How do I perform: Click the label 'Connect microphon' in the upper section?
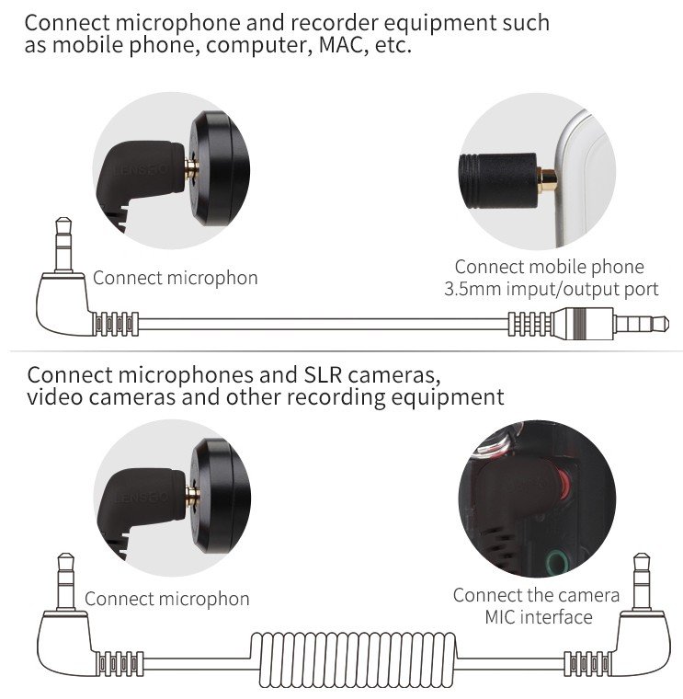[175, 277]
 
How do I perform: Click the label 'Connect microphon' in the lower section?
[166, 599]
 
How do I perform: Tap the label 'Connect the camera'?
[536, 594]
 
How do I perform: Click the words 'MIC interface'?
[538, 616]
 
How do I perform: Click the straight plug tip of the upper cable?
[634, 324]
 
